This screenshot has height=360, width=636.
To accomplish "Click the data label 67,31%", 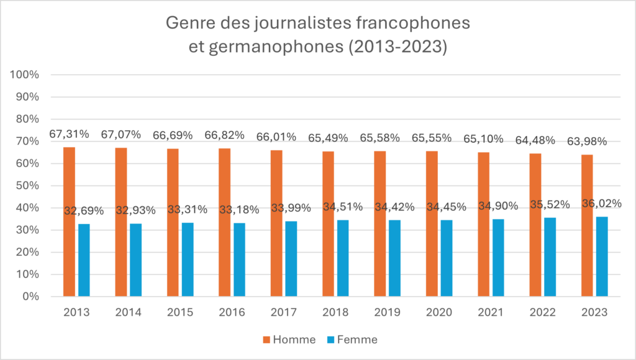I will [x=69, y=134].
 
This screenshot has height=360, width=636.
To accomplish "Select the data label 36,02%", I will [x=601, y=204].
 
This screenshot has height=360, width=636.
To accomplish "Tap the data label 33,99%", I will [x=291, y=208].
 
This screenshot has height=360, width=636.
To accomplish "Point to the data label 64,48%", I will [x=535, y=140].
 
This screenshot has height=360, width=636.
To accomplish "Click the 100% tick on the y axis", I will [x=25, y=75].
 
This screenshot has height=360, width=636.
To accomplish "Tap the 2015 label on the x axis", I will [x=180, y=312].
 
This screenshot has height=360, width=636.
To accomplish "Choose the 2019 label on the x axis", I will [x=388, y=312].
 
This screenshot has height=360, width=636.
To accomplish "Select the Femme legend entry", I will [x=354, y=340].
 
